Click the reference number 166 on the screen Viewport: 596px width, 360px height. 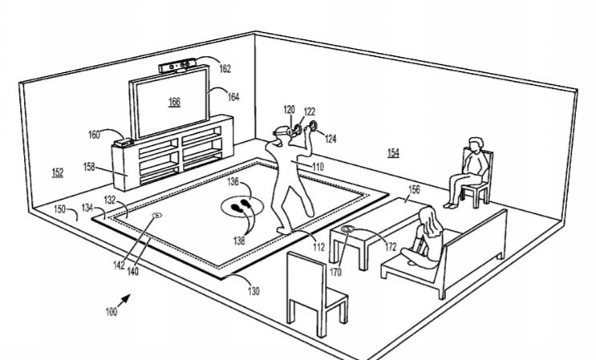174,102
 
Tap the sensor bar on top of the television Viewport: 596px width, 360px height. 178,66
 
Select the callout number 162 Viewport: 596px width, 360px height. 225,68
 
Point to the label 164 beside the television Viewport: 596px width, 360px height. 233,97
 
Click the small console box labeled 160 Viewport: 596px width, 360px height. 124,143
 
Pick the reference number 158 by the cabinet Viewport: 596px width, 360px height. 89,167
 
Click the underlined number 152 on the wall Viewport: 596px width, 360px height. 58,173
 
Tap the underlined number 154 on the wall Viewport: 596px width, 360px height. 393,152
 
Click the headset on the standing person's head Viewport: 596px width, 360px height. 282,131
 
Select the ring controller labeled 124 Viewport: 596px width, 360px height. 314,125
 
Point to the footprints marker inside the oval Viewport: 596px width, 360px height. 241,206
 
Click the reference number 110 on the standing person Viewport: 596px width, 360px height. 318,167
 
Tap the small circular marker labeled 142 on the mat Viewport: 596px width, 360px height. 156,216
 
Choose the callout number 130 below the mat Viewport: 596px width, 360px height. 253,291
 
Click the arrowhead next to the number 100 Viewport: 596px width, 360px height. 126,298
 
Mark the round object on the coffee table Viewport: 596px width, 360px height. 347,229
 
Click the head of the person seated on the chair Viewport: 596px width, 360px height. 476,144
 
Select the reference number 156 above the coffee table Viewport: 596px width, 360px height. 414,189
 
